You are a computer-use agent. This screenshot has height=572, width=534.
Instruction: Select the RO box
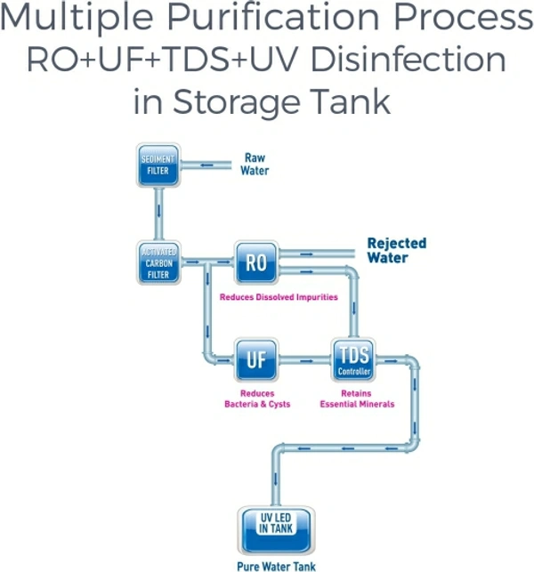(256, 262)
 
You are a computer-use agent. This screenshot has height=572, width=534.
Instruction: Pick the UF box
(256, 359)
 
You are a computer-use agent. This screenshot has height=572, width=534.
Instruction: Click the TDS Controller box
(354, 360)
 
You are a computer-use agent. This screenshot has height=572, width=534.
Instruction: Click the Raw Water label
(255, 164)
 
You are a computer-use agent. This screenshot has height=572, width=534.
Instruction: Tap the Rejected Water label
(396, 250)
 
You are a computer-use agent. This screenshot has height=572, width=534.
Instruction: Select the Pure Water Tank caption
(276, 565)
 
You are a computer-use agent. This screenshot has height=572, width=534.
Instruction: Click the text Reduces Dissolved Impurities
(279, 297)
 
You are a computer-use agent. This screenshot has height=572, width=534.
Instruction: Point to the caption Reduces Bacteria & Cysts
(257, 399)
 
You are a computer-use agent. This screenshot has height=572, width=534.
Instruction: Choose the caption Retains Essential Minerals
(357, 399)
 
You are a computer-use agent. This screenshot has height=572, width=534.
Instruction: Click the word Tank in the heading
(352, 100)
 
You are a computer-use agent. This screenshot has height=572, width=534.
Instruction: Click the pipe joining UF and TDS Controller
(305, 360)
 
